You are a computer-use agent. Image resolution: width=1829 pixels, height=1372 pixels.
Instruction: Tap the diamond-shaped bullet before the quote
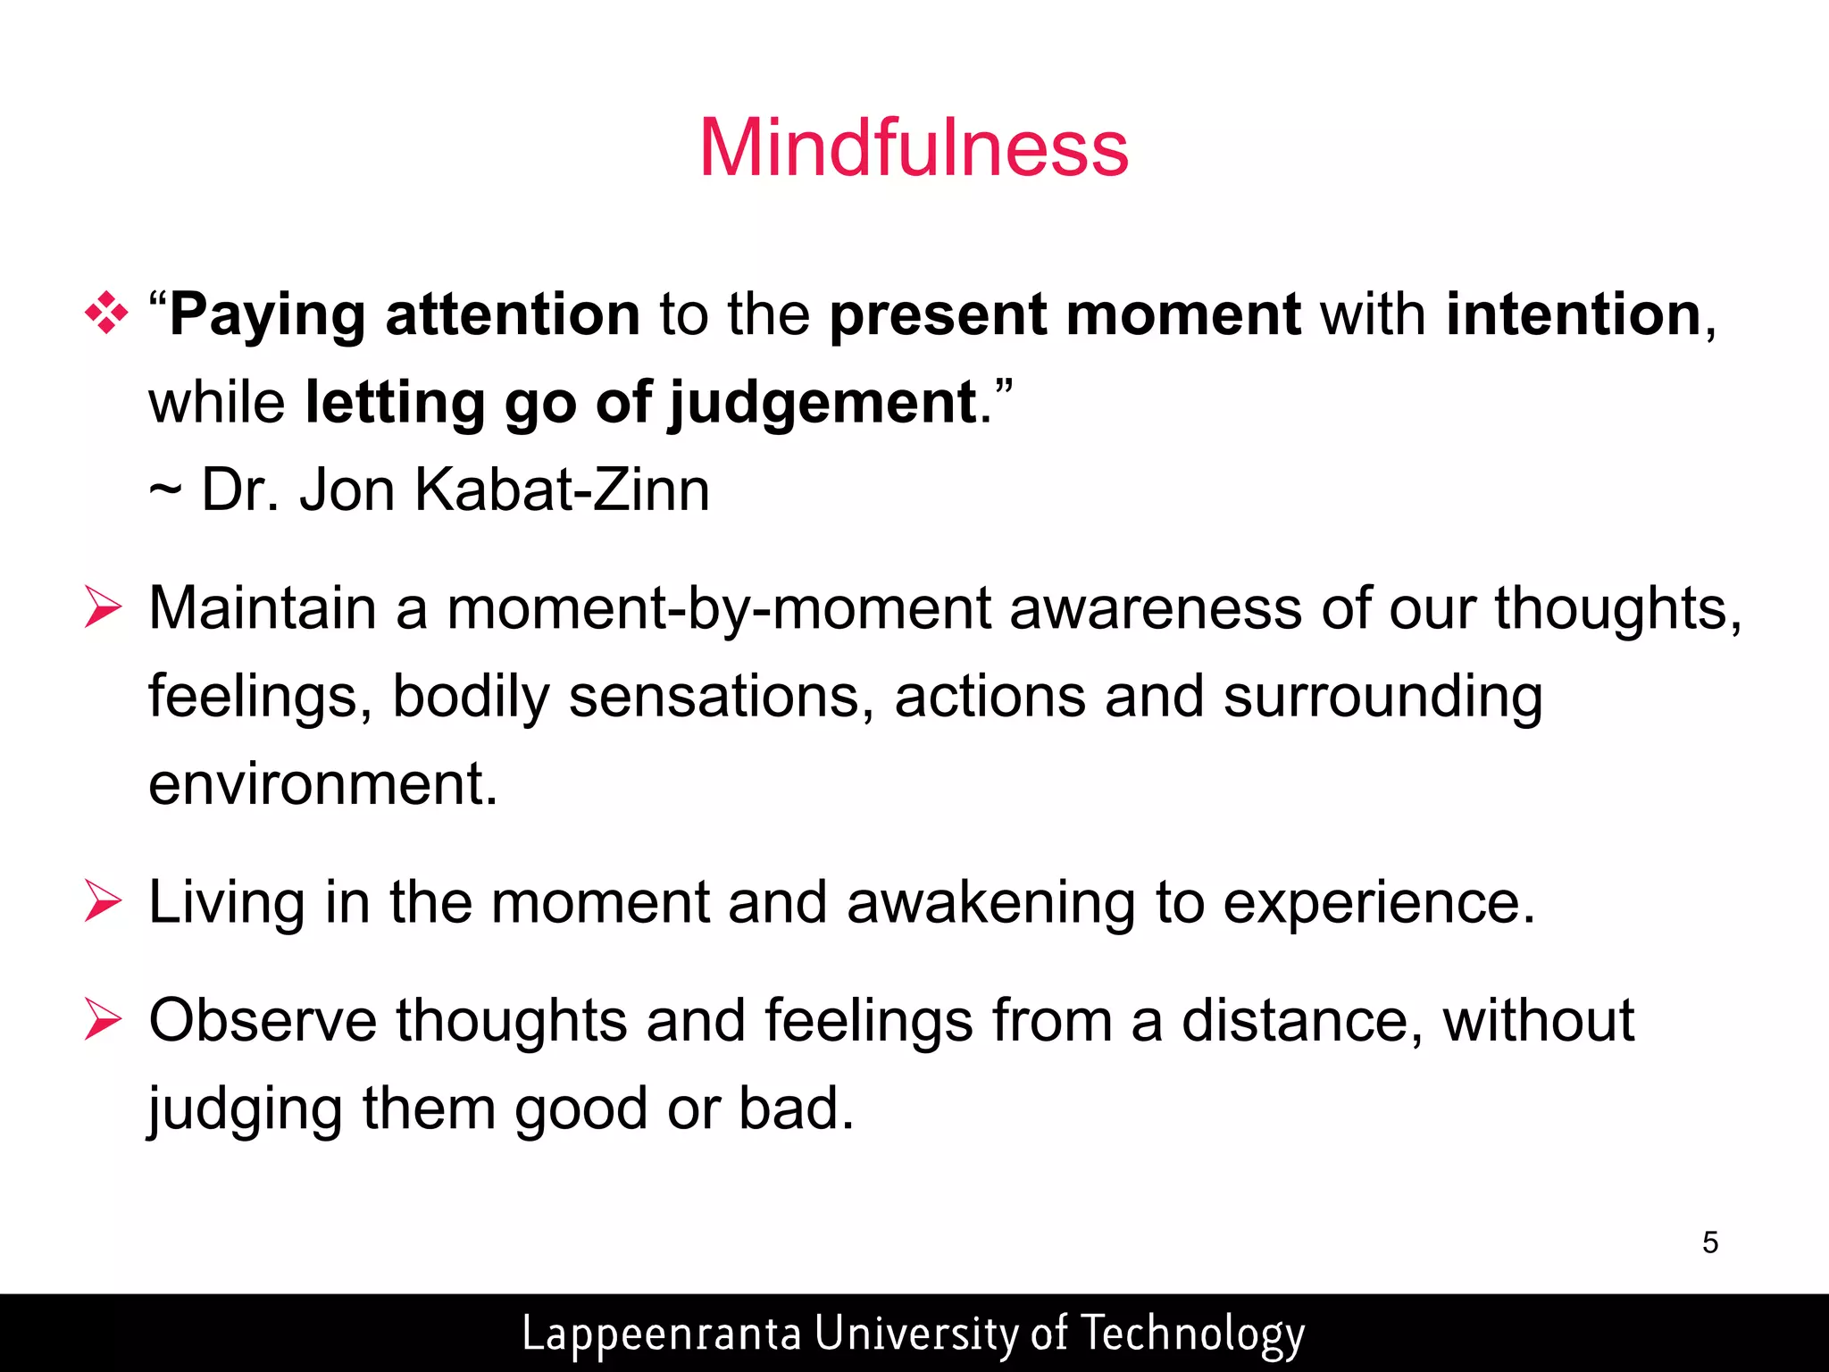coord(105,314)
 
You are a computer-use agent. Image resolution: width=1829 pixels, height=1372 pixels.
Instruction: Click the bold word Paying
coord(267,316)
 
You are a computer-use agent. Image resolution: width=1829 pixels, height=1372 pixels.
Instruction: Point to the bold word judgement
coord(822,404)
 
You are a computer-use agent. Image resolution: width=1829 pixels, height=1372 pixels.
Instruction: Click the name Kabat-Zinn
coord(562,489)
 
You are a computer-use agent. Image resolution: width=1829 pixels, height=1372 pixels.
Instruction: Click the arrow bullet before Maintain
coord(103,607)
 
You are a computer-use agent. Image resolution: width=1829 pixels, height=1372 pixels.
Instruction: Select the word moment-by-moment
coord(718,609)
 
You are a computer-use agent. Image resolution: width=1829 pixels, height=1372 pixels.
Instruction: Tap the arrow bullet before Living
coord(103,901)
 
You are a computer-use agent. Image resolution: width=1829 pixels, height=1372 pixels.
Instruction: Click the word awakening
coord(990,903)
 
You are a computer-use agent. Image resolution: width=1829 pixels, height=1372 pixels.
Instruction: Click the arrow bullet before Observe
coord(103,1020)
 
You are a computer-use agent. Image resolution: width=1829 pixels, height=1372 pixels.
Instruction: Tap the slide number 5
coord(1709,1242)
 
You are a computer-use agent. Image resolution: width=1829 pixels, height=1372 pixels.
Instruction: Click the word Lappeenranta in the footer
coord(661,1334)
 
